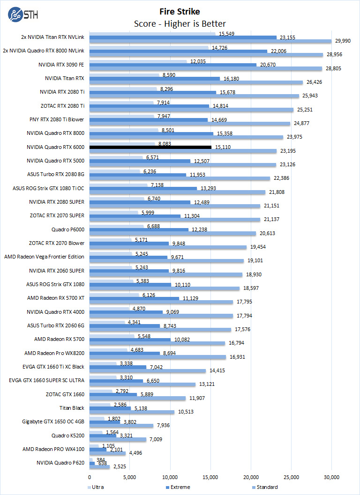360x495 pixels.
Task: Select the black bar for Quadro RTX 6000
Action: [x=150, y=147]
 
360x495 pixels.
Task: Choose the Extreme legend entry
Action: [x=179, y=487]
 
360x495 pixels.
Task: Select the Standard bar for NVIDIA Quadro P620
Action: [x=99, y=467]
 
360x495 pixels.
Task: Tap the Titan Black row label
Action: [x=72, y=408]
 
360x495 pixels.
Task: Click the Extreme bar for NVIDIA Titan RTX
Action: [x=155, y=79]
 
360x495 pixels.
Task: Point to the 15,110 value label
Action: [x=222, y=147]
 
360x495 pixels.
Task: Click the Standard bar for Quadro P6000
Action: [x=173, y=233]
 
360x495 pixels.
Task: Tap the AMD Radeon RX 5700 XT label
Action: [x=56, y=298]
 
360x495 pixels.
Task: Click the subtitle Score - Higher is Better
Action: [x=180, y=23]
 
